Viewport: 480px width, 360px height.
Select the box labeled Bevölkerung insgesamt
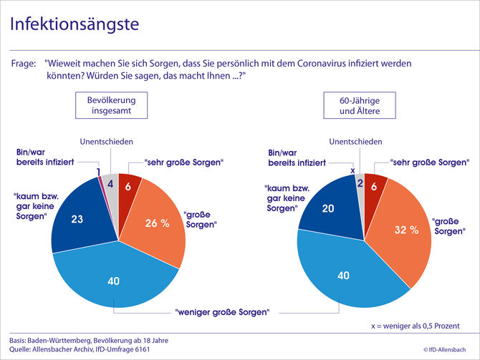(x=112, y=107)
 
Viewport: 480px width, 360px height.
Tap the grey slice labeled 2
(x=359, y=184)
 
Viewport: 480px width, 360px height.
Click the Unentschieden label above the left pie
(x=107, y=142)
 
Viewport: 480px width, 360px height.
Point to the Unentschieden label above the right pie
(x=356, y=142)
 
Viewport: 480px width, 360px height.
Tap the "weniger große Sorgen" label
(x=222, y=312)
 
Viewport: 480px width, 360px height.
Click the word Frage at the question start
(x=24, y=64)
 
